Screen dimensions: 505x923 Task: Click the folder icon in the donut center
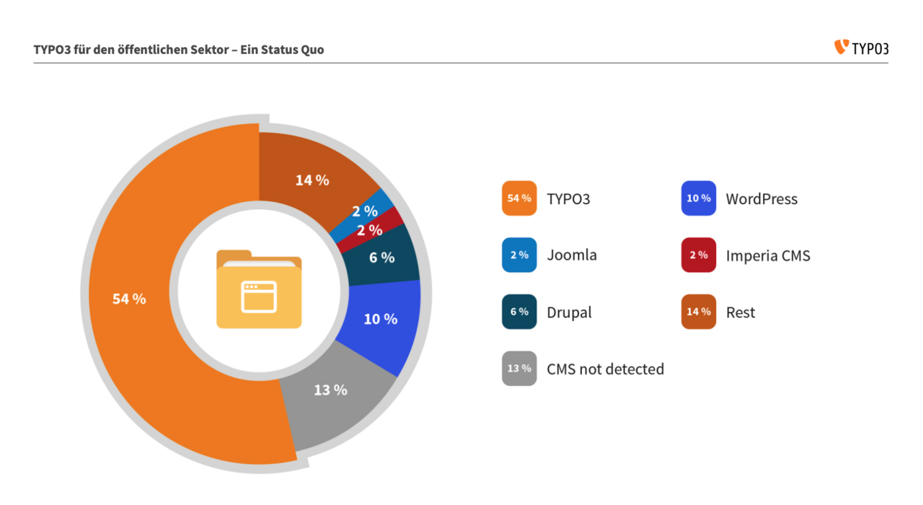259,289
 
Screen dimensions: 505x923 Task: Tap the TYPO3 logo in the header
861,48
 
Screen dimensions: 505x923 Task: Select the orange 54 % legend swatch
519,198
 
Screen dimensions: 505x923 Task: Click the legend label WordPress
761,199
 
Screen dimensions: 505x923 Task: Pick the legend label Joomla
572,255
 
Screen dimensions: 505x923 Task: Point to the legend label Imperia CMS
768,255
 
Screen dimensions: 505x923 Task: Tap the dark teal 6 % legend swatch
519,312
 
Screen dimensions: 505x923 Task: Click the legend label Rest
741,312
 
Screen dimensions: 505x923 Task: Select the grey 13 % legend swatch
519,369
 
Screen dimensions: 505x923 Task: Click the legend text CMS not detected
605,369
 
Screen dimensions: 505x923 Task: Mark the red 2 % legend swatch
698,255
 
